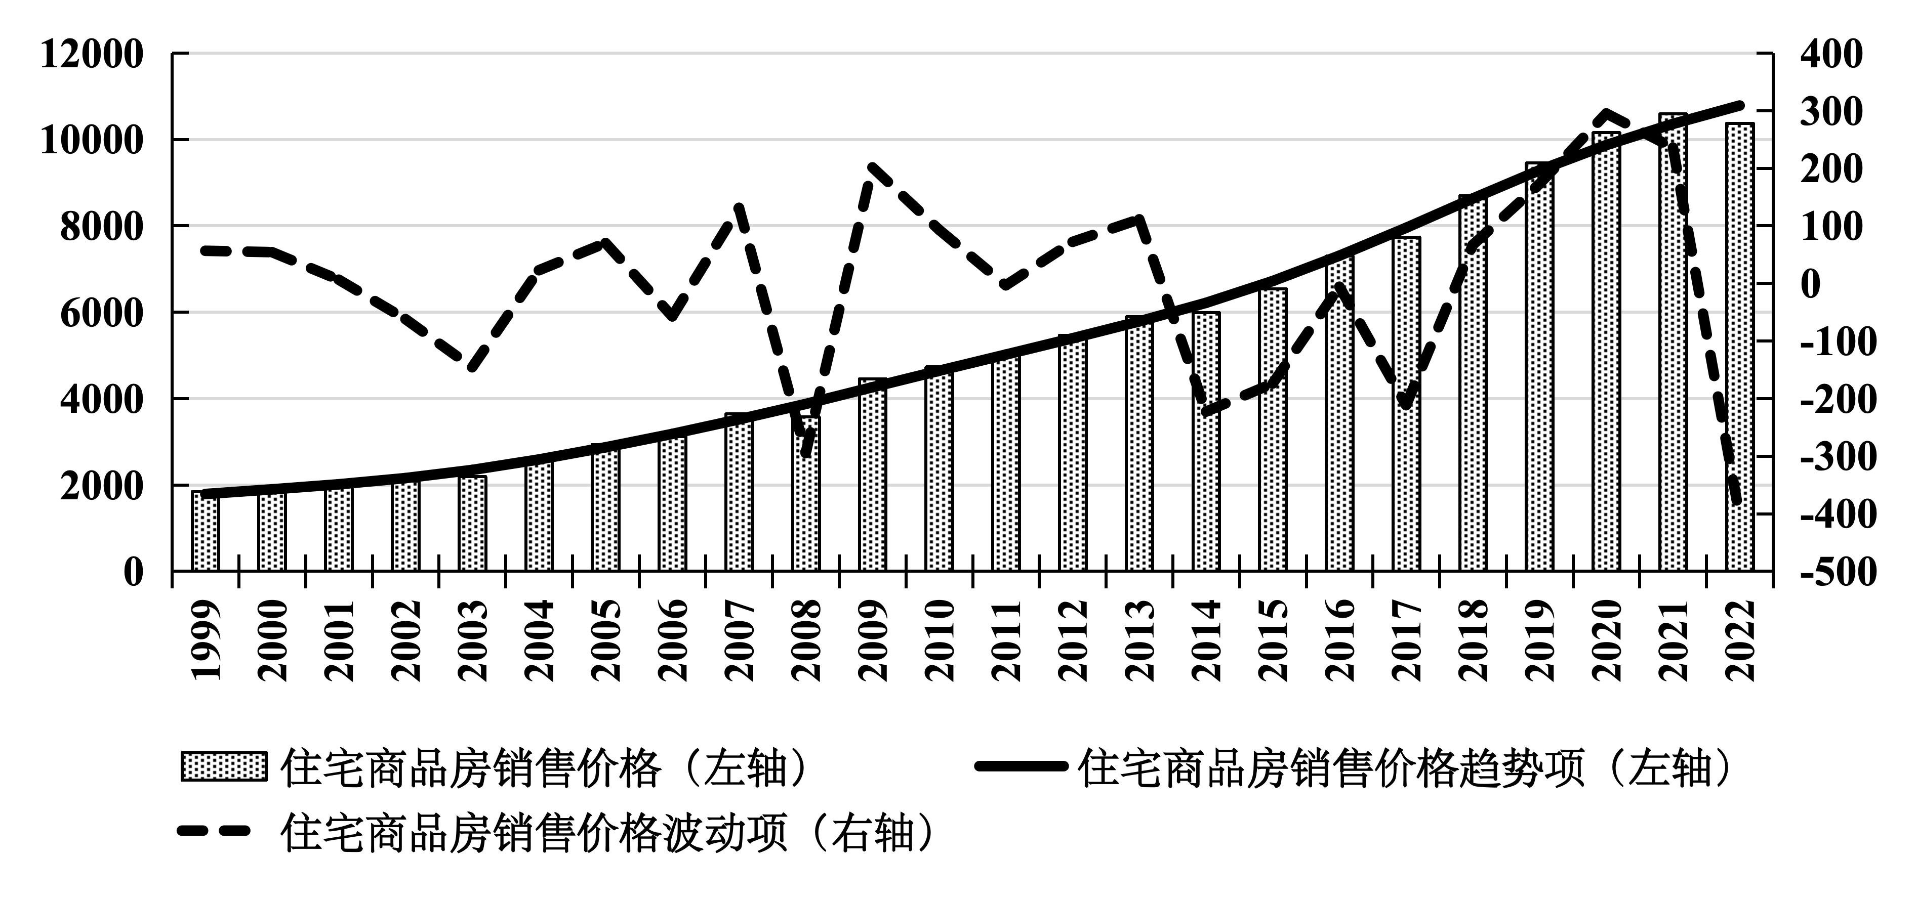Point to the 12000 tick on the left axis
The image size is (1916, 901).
tap(91, 54)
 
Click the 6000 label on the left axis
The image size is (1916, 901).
tap(100, 314)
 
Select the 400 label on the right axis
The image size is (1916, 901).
tap(1830, 54)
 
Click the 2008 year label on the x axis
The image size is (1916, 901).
tap(806, 641)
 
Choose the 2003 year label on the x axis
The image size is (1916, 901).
tap(473, 641)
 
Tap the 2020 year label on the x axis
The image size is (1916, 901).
tap(1607, 641)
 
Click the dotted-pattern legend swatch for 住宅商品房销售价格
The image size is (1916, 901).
tap(223, 766)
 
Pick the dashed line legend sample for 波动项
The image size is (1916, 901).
tap(214, 832)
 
